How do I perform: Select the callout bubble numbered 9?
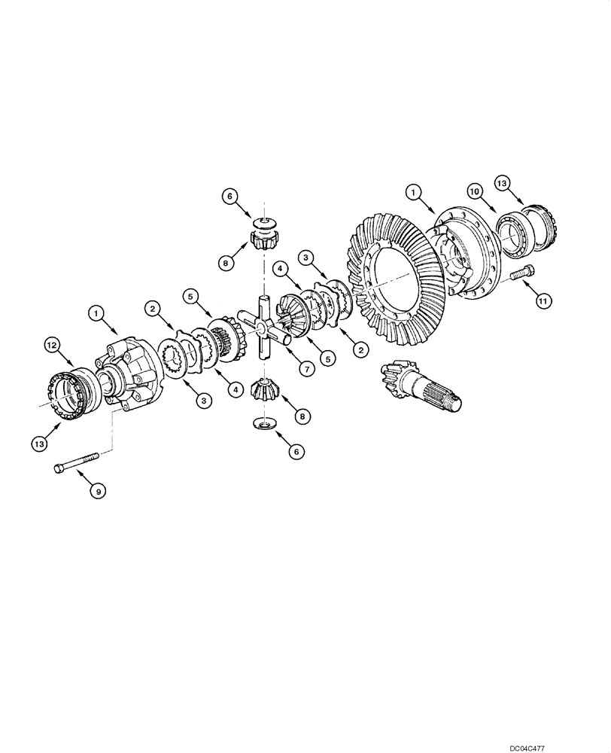97,491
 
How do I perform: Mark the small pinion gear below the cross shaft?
265,392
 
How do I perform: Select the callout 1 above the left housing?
96,310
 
